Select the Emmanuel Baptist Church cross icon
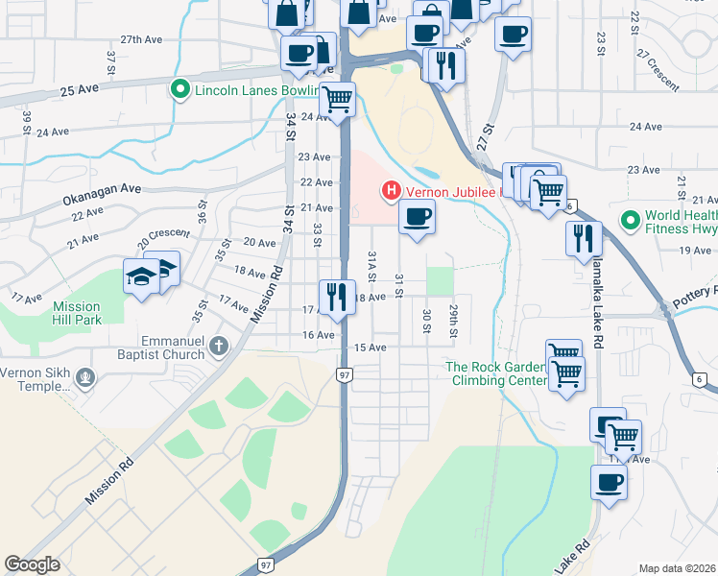(219, 346)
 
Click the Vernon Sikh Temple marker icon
(86, 378)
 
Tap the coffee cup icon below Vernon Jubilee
(416, 217)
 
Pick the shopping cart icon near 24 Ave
(337, 98)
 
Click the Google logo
(32, 564)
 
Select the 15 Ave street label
(370, 348)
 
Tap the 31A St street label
(372, 261)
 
